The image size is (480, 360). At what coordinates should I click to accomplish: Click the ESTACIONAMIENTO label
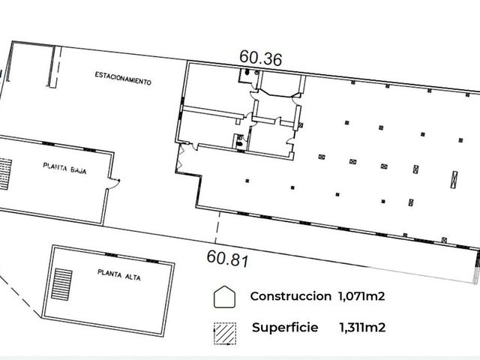[x=123, y=78]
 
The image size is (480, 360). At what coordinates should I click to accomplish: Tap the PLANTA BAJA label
[x=64, y=168]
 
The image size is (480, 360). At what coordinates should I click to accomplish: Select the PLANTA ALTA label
[x=119, y=274]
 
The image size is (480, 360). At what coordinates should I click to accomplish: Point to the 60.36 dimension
[x=260, y=58]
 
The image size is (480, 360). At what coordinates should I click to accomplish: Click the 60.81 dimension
[x=228, y=259]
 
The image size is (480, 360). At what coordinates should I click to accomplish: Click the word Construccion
[x=291, y=296]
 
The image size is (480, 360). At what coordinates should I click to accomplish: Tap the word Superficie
[x=285, y=328]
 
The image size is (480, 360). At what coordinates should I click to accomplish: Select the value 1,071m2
[x=361, y=296]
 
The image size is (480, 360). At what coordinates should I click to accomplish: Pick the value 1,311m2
[x=362, y=328]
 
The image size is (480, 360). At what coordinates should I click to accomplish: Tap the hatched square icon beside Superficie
[x=225, y=334]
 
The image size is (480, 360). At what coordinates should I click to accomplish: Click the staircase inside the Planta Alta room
[x=61, y=284]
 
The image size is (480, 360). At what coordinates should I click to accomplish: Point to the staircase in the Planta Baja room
[x=5, y=174]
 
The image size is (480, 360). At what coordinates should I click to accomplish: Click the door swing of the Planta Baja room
[x=115, y=183]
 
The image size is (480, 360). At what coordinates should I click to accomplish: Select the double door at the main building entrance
[x=180, y=157]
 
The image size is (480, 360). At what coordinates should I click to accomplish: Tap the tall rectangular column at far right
[x=454, y=179]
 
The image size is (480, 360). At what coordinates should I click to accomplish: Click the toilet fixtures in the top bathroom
[x=251, y=72]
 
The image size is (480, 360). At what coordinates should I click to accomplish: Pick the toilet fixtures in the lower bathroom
[x=240, y=140]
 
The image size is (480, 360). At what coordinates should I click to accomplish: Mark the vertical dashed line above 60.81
[x=217, y=227]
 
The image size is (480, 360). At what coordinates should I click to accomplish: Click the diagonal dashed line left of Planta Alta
[x=20, y=294]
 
